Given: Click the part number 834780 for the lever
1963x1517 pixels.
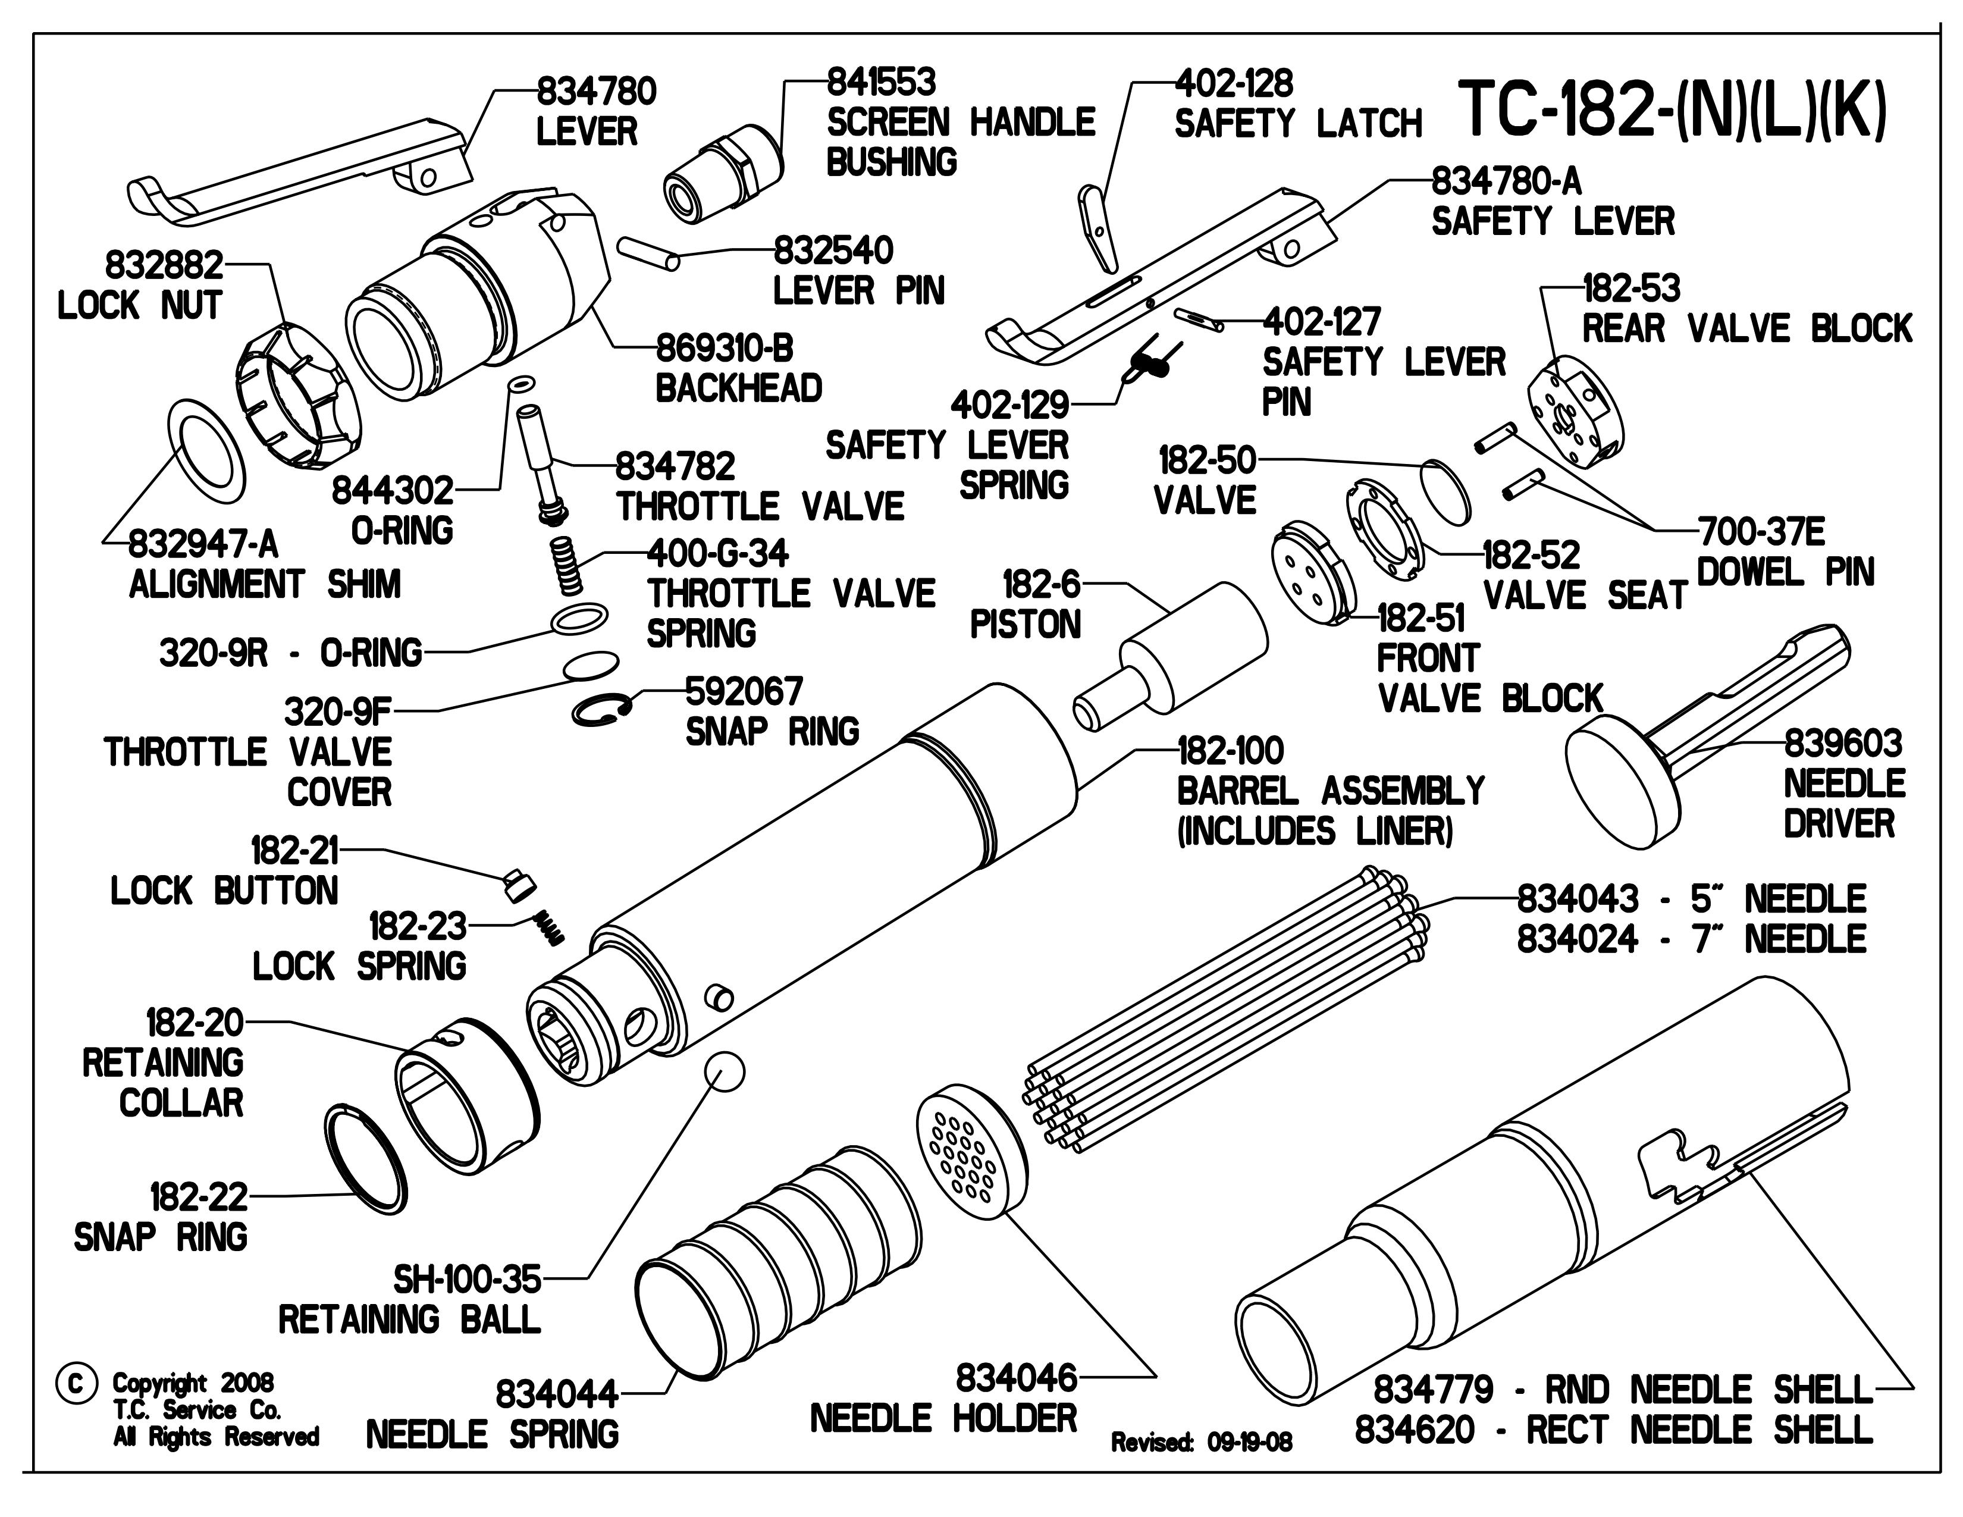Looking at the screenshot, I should (596, 92).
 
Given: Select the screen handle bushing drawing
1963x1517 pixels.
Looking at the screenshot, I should (723, 177).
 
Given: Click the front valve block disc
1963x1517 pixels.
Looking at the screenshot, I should (1312, 572).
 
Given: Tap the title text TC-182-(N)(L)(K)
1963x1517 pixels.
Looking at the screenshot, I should (1671, 111).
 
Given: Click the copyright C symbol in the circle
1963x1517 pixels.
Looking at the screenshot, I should (76, 1384).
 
